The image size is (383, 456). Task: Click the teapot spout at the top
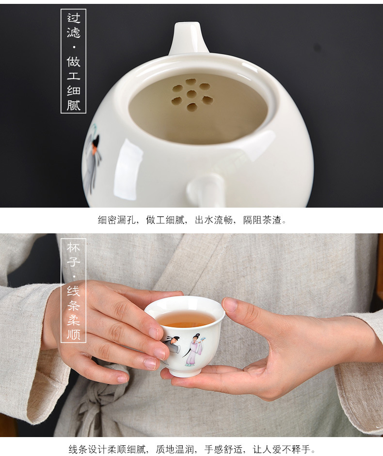[x=189, y=38]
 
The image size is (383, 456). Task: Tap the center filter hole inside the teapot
[x=191, y=94]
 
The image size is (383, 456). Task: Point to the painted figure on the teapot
[x=92, y=158]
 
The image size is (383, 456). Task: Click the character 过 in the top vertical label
[x=74, y=19]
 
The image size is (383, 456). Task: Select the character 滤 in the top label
[x=74, y=33]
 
